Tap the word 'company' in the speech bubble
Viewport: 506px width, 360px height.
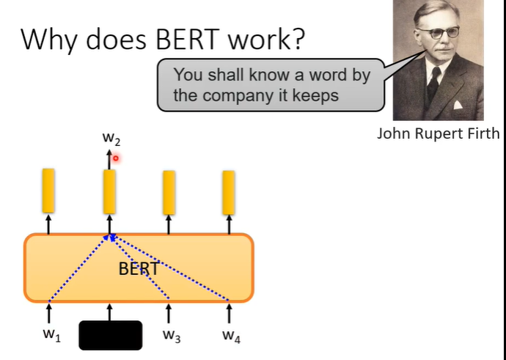click(x=234, y=96)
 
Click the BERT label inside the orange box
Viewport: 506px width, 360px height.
click(x=139, y=268)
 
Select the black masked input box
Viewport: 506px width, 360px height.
click(x=110, y=335)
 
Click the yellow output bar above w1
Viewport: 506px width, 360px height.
click(x=48, y=189)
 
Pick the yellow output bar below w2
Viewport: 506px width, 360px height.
click(x=109, y=190)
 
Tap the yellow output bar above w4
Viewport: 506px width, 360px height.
click(x=229, y=191)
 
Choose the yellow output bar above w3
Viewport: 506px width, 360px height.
click(x=169, y=191)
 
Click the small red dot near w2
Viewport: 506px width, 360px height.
click(x=116, y=158)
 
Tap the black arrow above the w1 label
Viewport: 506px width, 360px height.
click(x=48, y=314)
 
